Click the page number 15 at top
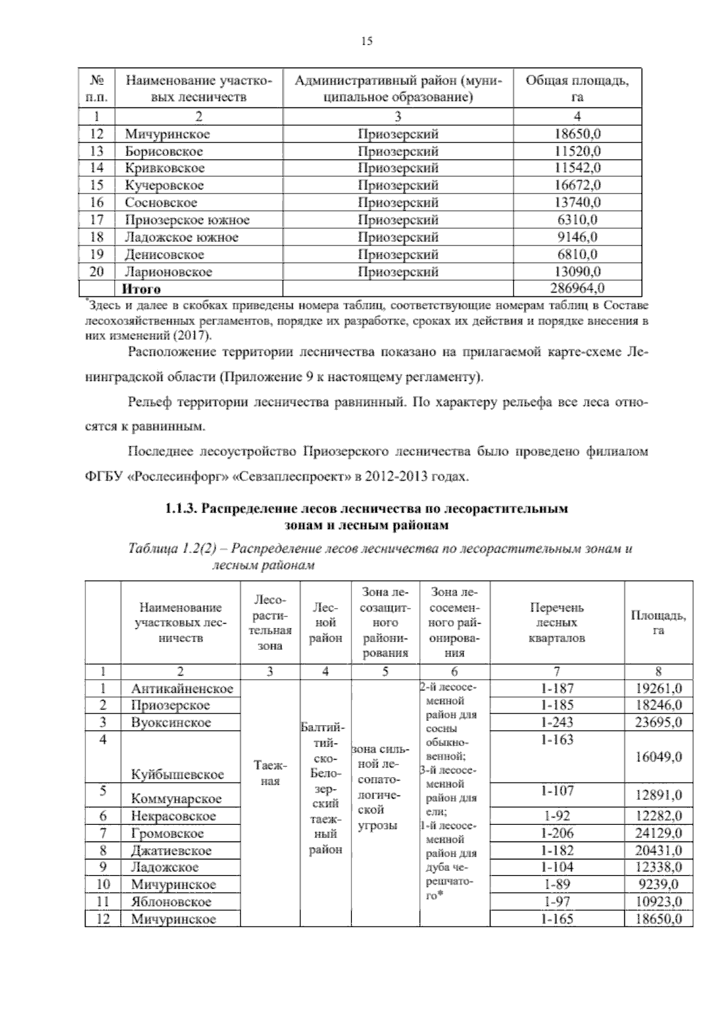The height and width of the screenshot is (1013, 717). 366,41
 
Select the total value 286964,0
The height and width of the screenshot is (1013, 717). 577,289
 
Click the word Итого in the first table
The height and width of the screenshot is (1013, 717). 142,289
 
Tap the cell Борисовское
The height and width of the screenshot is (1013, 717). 164,151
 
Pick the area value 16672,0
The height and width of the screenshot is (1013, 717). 577,185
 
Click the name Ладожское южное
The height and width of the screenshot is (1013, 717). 182,237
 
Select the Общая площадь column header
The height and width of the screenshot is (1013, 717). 577,88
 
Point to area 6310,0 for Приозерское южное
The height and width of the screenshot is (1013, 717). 577,220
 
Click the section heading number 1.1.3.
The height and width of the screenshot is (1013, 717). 182,509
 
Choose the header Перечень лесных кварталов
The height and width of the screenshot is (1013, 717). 557,623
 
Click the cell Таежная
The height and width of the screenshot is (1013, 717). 270,772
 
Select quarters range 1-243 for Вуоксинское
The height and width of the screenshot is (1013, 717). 557,722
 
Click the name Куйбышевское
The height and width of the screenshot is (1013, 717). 177,775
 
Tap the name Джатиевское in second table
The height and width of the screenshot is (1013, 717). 171,851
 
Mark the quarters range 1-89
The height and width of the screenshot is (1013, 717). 557,885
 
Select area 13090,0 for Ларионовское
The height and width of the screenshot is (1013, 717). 577,272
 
